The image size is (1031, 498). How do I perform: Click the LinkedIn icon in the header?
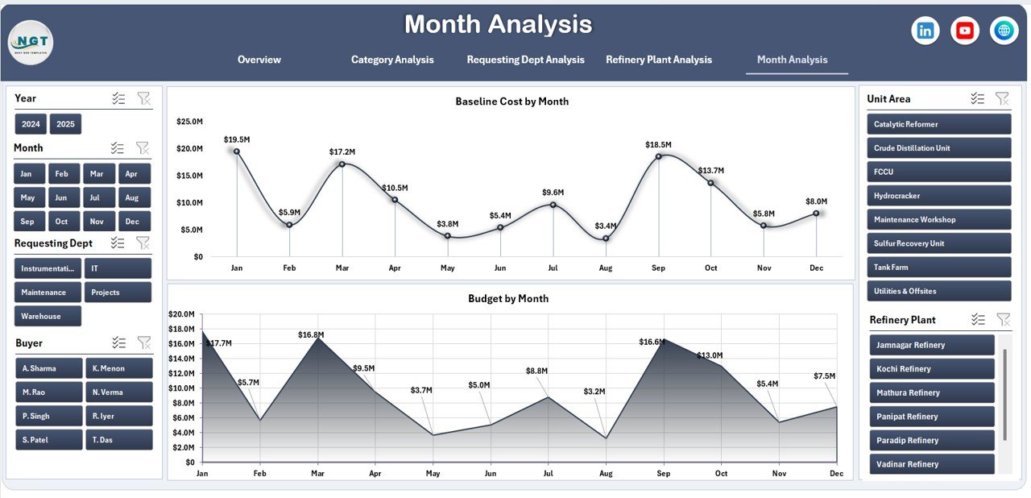[925, 31]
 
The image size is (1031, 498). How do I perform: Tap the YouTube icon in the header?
[965, 31]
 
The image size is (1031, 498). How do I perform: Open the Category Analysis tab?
[392, 60]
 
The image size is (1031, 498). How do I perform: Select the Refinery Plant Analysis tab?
[659, 60]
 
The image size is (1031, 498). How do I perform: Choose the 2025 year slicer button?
[65, 124]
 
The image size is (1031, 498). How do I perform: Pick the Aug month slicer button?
[132, 197]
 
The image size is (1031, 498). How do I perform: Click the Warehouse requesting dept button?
[48, 316]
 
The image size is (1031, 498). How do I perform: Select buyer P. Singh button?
[48, 416]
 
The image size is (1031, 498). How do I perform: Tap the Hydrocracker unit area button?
[938, 196]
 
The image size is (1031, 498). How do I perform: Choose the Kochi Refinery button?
[932, 369]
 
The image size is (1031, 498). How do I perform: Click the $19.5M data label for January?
[236, 139]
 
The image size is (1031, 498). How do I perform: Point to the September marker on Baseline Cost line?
[658, 156]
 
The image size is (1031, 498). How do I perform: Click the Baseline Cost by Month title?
[511, 102]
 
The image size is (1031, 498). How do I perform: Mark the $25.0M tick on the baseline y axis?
[189, 121]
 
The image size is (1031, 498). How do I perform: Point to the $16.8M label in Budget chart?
[310, 334]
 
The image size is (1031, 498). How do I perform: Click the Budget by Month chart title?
[508, 298]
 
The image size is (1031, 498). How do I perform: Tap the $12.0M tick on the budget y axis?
[181, 373]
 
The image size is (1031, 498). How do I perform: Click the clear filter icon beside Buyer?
[144, 342]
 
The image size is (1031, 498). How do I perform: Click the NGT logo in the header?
[31, 43]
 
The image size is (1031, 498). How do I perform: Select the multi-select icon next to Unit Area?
[977, 98]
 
